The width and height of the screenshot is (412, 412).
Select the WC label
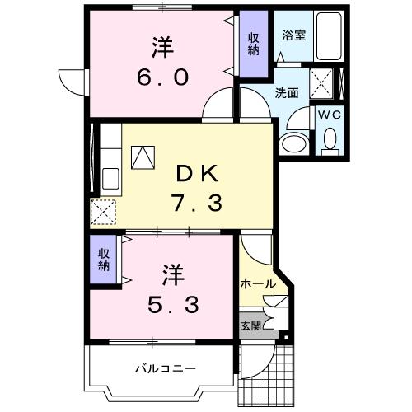[331, 115]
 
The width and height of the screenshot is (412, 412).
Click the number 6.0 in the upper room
[162, 77]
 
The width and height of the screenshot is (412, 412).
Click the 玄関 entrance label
[251, 325]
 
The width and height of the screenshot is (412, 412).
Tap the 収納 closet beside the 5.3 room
[105, 260]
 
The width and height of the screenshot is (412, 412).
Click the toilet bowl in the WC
[331, 145]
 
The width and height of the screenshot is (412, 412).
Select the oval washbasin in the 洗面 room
[292, 143]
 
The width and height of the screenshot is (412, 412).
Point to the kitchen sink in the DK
[110, 177]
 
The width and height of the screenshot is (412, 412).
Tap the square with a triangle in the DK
[143, 156]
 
